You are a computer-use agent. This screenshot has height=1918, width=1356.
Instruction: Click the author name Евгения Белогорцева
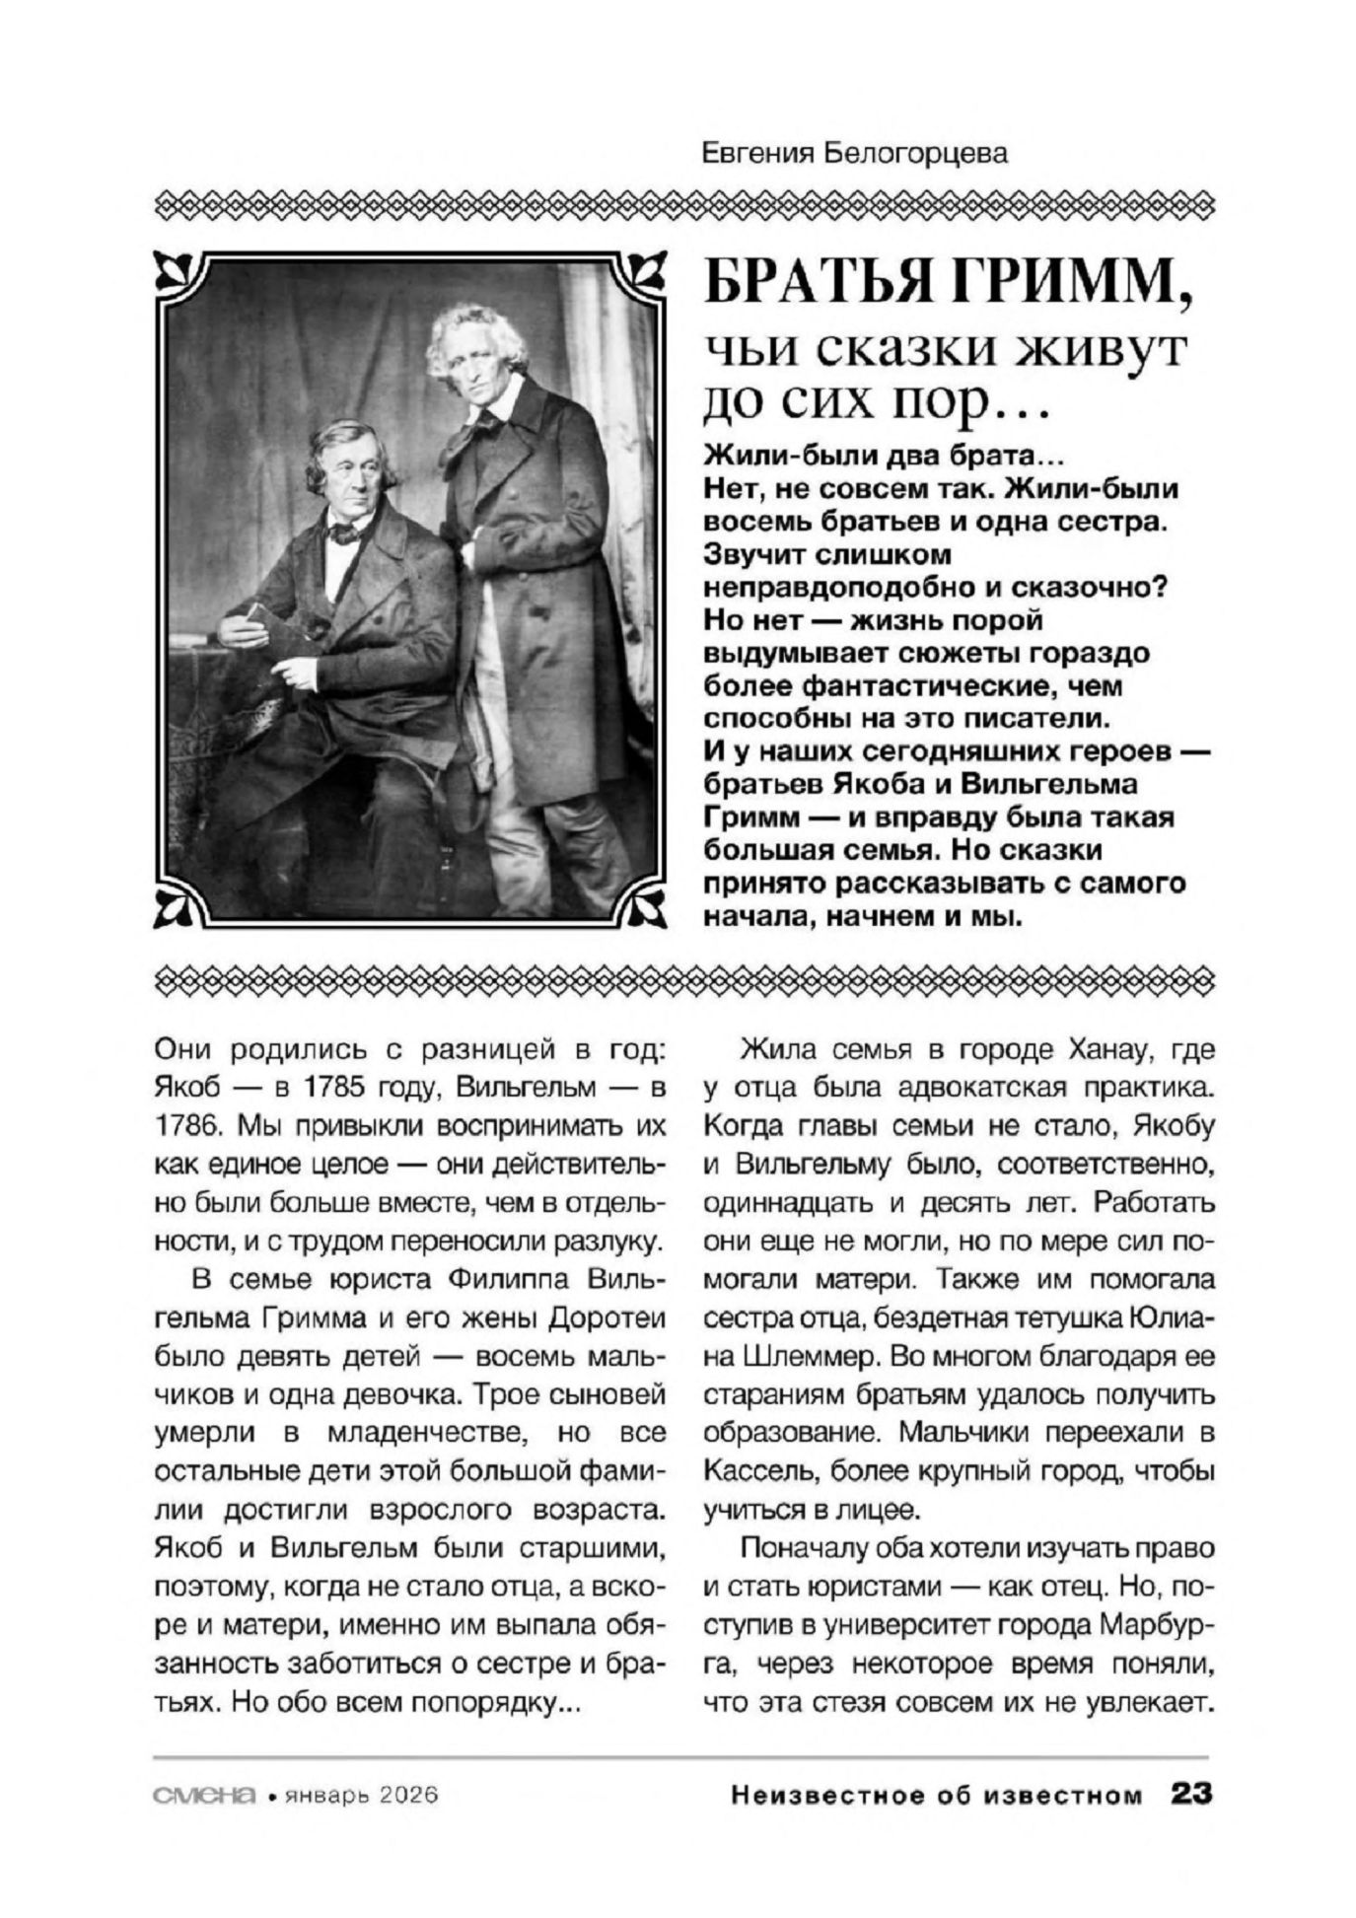(x=856, y=154)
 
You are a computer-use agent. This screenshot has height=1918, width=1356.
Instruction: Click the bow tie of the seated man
(x=343, y=533)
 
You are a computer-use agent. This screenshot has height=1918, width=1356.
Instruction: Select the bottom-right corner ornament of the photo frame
(x=646, y=906)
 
